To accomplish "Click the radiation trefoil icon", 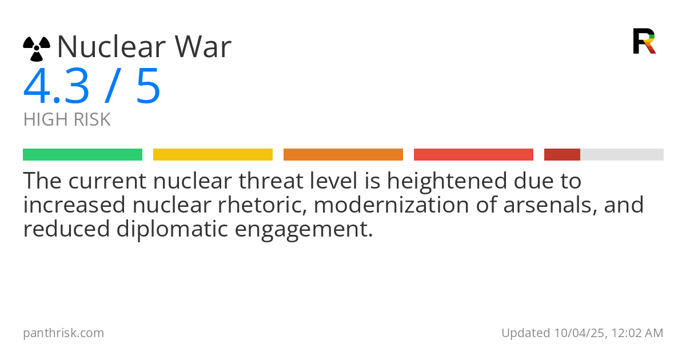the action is point(37,49).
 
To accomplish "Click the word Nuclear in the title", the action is point(112,46).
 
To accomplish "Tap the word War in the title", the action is point(203,46).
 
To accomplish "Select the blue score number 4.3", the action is point(56,86).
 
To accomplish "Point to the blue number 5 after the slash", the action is point(148,86).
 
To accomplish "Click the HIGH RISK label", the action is point(67,119).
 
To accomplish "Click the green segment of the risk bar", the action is point(83,155).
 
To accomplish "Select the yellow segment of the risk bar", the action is point(213,155).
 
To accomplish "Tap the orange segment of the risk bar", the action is point(344,155).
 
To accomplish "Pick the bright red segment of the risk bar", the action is point(473,155).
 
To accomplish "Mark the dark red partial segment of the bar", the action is point(562,155).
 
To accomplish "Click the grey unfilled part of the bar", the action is point(622,155).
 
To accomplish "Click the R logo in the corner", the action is point(644,41).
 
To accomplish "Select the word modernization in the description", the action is point(392,205).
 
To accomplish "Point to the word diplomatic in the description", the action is point(172,229).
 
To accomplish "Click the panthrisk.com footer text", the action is point(63,333).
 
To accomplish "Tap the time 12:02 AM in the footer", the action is point(637,333).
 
